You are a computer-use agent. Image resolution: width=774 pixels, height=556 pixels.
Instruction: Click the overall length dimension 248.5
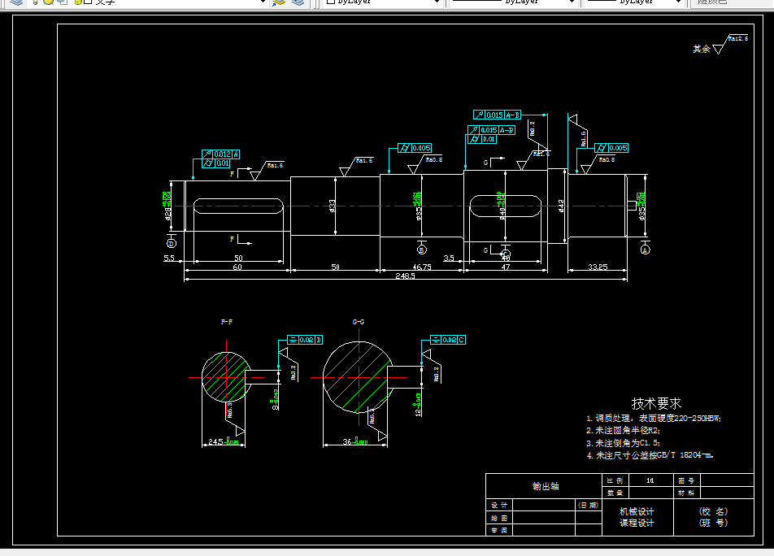click(404, 276)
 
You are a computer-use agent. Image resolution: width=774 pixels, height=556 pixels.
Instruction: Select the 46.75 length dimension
click(422, 267)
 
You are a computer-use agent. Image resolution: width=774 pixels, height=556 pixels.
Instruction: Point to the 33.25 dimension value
click(598, 267)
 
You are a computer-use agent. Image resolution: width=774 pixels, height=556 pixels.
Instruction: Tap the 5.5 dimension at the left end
click(169, 258)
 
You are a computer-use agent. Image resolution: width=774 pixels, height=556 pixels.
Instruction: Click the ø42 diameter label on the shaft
click(561, 206)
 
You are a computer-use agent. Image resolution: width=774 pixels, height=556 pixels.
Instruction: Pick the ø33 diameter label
click(333, 206)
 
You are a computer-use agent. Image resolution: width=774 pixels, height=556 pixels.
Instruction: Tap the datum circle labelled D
click(172, 243)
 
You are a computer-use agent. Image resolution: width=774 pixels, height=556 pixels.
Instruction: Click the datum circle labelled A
click(646, 250)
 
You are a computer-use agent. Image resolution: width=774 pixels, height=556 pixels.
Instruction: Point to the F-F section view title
click(227, 322)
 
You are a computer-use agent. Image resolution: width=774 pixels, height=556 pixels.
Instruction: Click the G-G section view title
click(359, 322)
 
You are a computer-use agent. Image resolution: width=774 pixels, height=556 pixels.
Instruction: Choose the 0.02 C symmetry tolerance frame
click(448, 339)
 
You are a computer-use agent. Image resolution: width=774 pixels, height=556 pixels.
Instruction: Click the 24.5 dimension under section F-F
click(215, 441)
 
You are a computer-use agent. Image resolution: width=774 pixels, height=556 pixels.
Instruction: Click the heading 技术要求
click(656, 403)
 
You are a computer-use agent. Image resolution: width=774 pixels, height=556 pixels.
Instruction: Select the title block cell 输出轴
click(546, 486)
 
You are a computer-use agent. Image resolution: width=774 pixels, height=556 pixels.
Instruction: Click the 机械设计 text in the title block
click(637, 511)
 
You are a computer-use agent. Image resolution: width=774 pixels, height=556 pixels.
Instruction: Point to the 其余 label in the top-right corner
click(701, 49)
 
